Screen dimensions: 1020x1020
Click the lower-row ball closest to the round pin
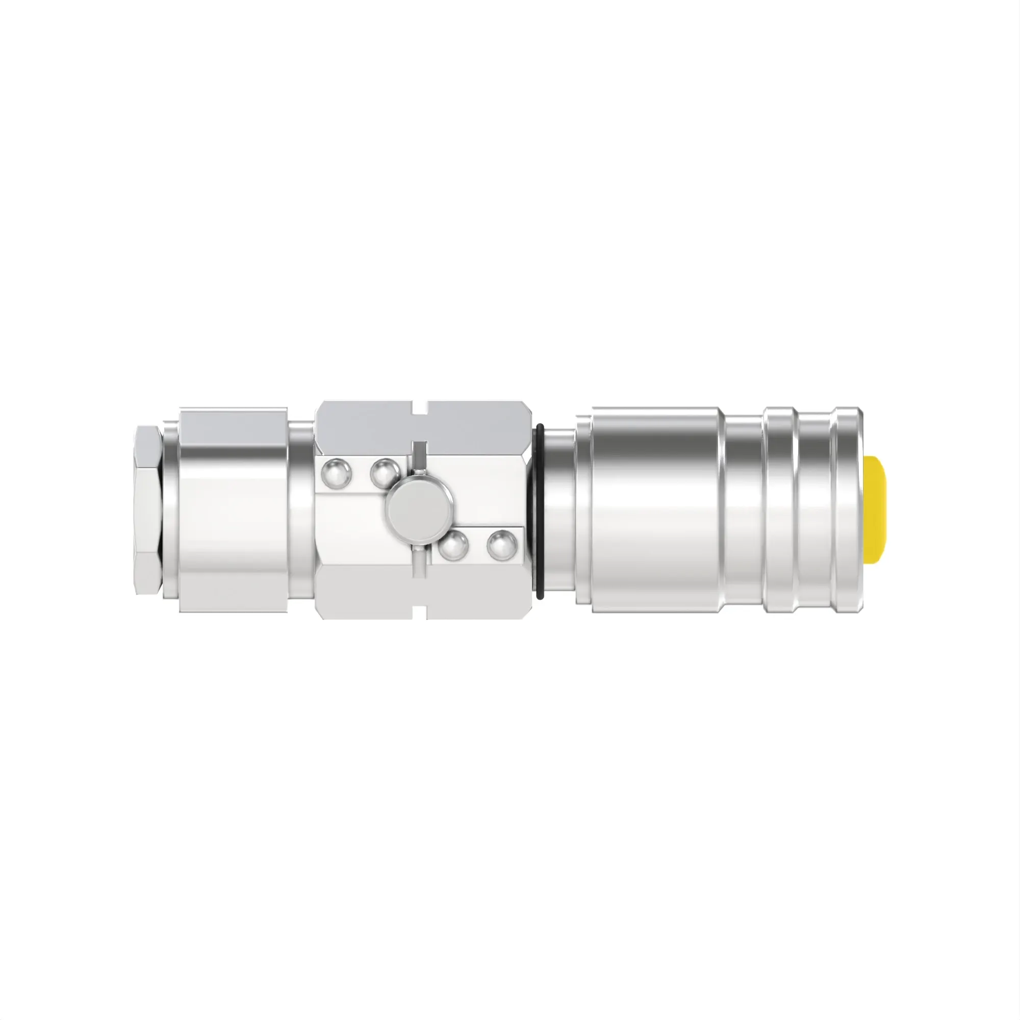(x=454, y=546)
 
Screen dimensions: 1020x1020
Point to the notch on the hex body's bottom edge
(x=419, y=613)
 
